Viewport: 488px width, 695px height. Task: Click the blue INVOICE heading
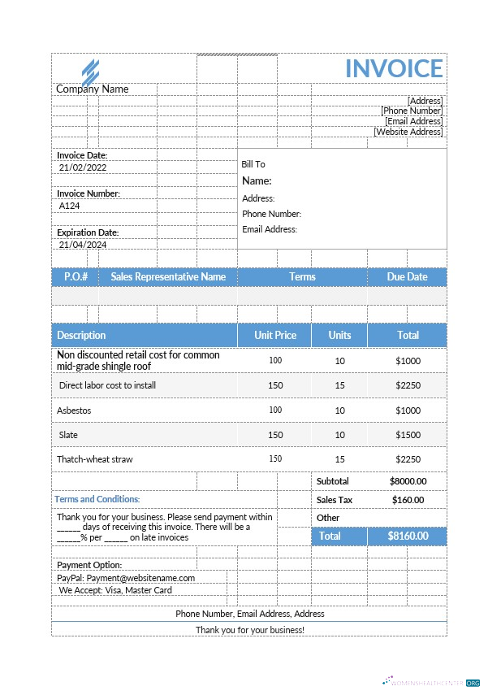pos(394,69)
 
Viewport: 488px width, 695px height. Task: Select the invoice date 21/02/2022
pos(83,167)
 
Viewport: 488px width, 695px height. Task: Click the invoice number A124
pos(70,206)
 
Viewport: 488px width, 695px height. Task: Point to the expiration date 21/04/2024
pos(83,245)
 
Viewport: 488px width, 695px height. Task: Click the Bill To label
pos(253,164)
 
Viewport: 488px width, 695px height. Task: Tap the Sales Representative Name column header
pos(168,277)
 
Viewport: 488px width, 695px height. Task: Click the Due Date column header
pos(407,277)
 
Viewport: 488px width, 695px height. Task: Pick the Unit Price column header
pos(275,335)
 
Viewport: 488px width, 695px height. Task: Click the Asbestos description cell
pos(74,410)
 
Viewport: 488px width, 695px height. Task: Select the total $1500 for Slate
pos(408,435)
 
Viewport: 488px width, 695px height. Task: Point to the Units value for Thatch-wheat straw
pos(339,459)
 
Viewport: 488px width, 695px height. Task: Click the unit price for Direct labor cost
pos(275,385)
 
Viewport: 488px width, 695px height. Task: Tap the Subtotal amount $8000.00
pos(408,481)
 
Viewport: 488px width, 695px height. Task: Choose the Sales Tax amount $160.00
pos(408,500)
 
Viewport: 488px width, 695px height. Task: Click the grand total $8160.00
pos(407,536)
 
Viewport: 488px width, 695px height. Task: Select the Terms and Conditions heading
pos(97,499)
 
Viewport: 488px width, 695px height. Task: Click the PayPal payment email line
pos(126,578)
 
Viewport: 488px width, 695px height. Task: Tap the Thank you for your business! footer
pos(250,630)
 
